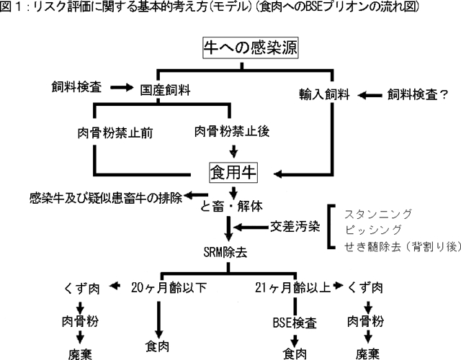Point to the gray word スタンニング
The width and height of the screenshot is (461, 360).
378,214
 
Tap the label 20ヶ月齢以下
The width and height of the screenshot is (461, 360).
168,287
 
